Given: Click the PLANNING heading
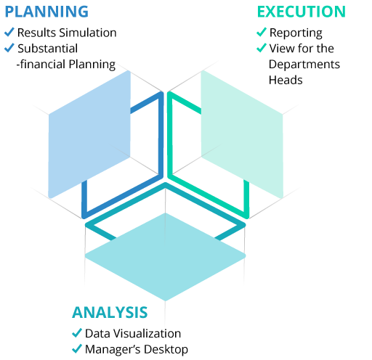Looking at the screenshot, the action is (46, 12).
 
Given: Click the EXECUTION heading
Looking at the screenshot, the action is (302, 12).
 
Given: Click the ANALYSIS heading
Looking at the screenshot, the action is (110, 312).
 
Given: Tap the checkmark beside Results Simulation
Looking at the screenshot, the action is (9, 32).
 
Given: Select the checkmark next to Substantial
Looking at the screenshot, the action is (9, 48).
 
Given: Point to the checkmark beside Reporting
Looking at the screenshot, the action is (262, 32).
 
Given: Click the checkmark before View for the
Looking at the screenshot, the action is (262, 48).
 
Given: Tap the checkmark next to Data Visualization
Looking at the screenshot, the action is (77, 333).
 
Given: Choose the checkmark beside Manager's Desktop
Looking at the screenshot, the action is (77, 348).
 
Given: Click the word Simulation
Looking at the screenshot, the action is (88, 33).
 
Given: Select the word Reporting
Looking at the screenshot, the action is (296, 33).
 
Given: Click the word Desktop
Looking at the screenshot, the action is (166, 350).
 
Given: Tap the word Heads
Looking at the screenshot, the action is (286, 80).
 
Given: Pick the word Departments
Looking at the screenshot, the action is (304, 65).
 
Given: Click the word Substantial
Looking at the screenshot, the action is (48, 49).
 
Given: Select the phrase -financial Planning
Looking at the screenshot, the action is (66, 65).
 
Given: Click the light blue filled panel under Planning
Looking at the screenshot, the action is (89, 134).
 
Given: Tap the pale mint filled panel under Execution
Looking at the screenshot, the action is (242, 134).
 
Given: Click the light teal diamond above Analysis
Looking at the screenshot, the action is (166, 257).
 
